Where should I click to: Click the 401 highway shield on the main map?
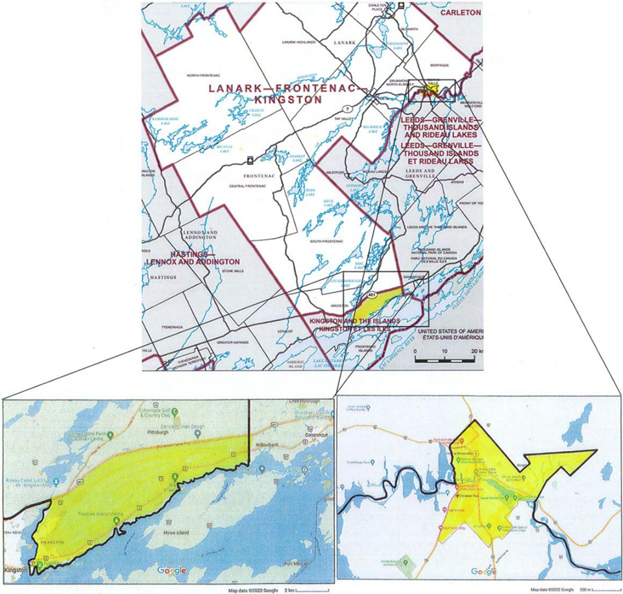click(372, 295)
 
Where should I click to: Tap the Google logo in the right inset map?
click(484, 571)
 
